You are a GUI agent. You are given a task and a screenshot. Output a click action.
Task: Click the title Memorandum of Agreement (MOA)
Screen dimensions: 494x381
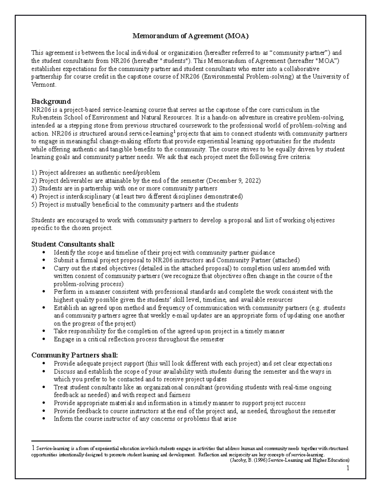click(x=190, y=36)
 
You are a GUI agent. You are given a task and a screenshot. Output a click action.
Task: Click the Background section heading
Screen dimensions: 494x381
click(x=51, y=101)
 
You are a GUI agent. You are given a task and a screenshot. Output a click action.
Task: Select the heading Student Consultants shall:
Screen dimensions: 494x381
click(x=73, y=244)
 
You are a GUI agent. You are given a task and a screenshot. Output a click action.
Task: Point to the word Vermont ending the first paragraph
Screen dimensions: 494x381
click(x=43, y=85)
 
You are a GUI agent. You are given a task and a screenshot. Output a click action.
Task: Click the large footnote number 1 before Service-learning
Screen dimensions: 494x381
click(x=33, y=448)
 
